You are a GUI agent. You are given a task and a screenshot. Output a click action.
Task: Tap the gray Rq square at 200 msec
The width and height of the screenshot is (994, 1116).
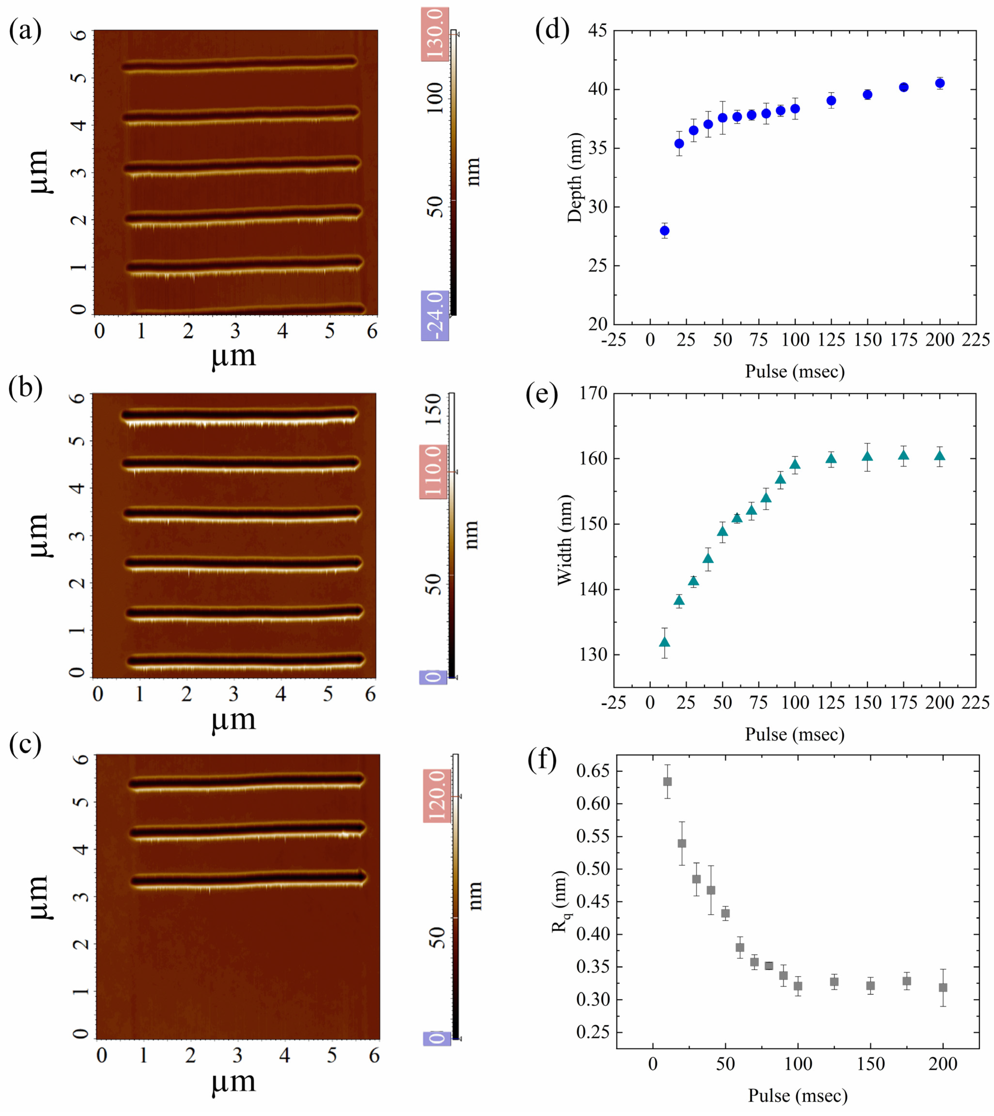point(943,988)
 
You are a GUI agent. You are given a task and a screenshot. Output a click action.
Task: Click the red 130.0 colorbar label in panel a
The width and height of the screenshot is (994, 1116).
point(435,34)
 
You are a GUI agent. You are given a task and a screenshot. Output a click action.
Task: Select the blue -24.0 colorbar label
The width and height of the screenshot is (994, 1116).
point(435,316)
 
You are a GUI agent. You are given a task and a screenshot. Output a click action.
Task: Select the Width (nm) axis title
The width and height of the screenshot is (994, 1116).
point(564,540)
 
